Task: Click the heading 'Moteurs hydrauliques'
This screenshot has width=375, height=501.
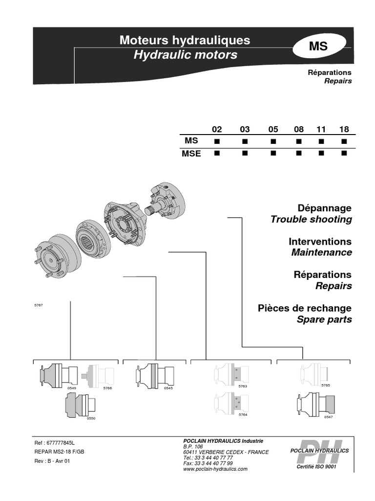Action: coord(185,40)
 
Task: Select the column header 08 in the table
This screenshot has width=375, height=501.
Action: coord(298,130)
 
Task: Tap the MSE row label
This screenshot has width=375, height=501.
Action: coord(192,154)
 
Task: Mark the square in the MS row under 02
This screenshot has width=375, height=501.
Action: coord(217,141)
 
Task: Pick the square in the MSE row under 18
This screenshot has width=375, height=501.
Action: coord(344,154)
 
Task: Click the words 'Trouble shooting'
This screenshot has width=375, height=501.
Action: coord(311,219)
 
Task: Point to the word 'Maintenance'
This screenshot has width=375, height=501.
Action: coord(321,252)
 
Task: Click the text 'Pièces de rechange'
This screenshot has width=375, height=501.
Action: coord(305,308)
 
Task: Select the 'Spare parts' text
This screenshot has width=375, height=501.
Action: coord(324,319)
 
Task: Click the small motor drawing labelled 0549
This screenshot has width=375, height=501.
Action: coord(58,376)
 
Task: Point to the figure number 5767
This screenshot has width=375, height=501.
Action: coord(39,305)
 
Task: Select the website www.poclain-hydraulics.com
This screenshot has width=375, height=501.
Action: coord(215,469)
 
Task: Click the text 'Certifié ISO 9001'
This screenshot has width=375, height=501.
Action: coord(317,467)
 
